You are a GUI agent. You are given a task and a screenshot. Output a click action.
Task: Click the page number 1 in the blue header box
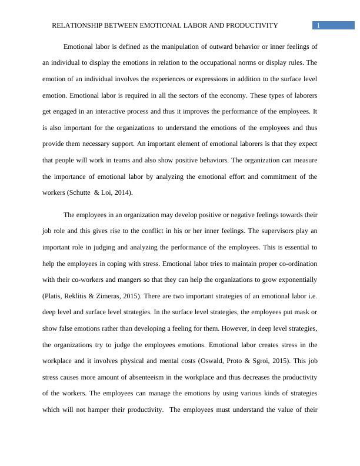point(318,25)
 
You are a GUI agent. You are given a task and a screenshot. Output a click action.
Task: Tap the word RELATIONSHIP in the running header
point(78,26)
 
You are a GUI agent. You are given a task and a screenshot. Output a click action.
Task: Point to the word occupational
point(217,62)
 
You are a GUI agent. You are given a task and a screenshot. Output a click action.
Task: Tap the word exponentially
point(294,279)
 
